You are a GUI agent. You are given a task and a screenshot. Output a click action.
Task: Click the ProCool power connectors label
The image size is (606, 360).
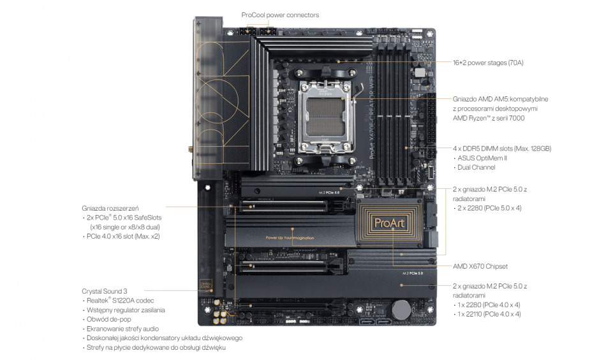pos(279,15)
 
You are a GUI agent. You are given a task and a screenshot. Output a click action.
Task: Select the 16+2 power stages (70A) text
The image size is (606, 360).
pos(488,63)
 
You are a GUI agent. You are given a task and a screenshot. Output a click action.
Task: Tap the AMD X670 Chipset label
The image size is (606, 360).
pos(480,266)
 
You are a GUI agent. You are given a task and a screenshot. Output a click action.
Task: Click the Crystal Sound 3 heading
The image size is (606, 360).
pos(105,290)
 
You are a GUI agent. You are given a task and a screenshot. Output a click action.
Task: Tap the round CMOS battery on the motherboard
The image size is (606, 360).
pos(400,310)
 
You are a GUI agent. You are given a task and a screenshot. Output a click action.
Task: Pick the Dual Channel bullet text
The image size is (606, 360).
pos(476,167)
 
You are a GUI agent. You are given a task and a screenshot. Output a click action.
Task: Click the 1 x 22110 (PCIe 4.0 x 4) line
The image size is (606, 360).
pos(489,314)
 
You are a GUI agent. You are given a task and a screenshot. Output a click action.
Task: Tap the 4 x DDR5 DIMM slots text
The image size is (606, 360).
pos(501,148)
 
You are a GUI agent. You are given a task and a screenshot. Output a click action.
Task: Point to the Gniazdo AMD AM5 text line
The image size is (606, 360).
pos(500,99)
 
